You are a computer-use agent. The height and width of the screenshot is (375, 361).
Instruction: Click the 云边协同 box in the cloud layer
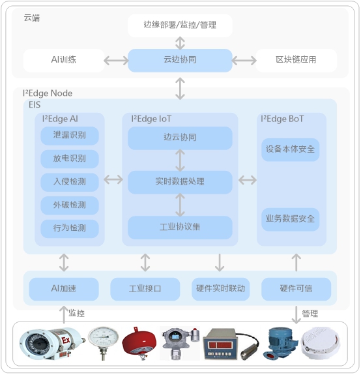(x=180, y=60)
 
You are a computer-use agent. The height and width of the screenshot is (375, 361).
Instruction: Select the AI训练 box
(x=64, y=60)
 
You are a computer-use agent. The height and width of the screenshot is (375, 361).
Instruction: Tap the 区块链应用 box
(x=296, y=60)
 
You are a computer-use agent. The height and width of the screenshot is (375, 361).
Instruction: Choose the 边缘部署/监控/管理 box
(x=180, y=25)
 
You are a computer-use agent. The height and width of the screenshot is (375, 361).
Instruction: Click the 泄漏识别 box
(x=70, y=136)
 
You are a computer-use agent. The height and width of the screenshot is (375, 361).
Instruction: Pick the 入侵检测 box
(x=70, y=182)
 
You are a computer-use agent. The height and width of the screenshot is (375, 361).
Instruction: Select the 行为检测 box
(x=70, y=229)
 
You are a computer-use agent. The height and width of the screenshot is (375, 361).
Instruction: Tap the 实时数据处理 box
(x=180, y=182)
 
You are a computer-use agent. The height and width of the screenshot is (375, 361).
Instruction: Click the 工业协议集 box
(x=180, y=228)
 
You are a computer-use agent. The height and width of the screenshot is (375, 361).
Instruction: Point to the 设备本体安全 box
(x=290, y=150)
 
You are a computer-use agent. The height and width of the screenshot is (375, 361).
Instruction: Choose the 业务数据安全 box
(x=290, y=219)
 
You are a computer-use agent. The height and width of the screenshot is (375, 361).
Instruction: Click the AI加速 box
(x=64, y=289)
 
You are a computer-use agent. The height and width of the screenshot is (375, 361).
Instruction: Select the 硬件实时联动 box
(x=220, y=289)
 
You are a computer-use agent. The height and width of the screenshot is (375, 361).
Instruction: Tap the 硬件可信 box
(x=296, y=289)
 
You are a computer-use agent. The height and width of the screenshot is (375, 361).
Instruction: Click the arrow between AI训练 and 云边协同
(x=116, y=61)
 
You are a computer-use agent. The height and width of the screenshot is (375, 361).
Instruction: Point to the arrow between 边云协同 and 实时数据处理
(x=180, y=160)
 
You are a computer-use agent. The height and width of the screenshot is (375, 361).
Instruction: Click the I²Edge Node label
(x=48, y=93)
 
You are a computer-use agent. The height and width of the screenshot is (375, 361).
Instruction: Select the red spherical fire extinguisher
(x=139, y=342)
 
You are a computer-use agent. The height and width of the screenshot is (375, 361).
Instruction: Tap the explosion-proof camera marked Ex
(x=51, y=344)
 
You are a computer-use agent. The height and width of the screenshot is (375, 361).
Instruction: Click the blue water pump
(x=281, y=344)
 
